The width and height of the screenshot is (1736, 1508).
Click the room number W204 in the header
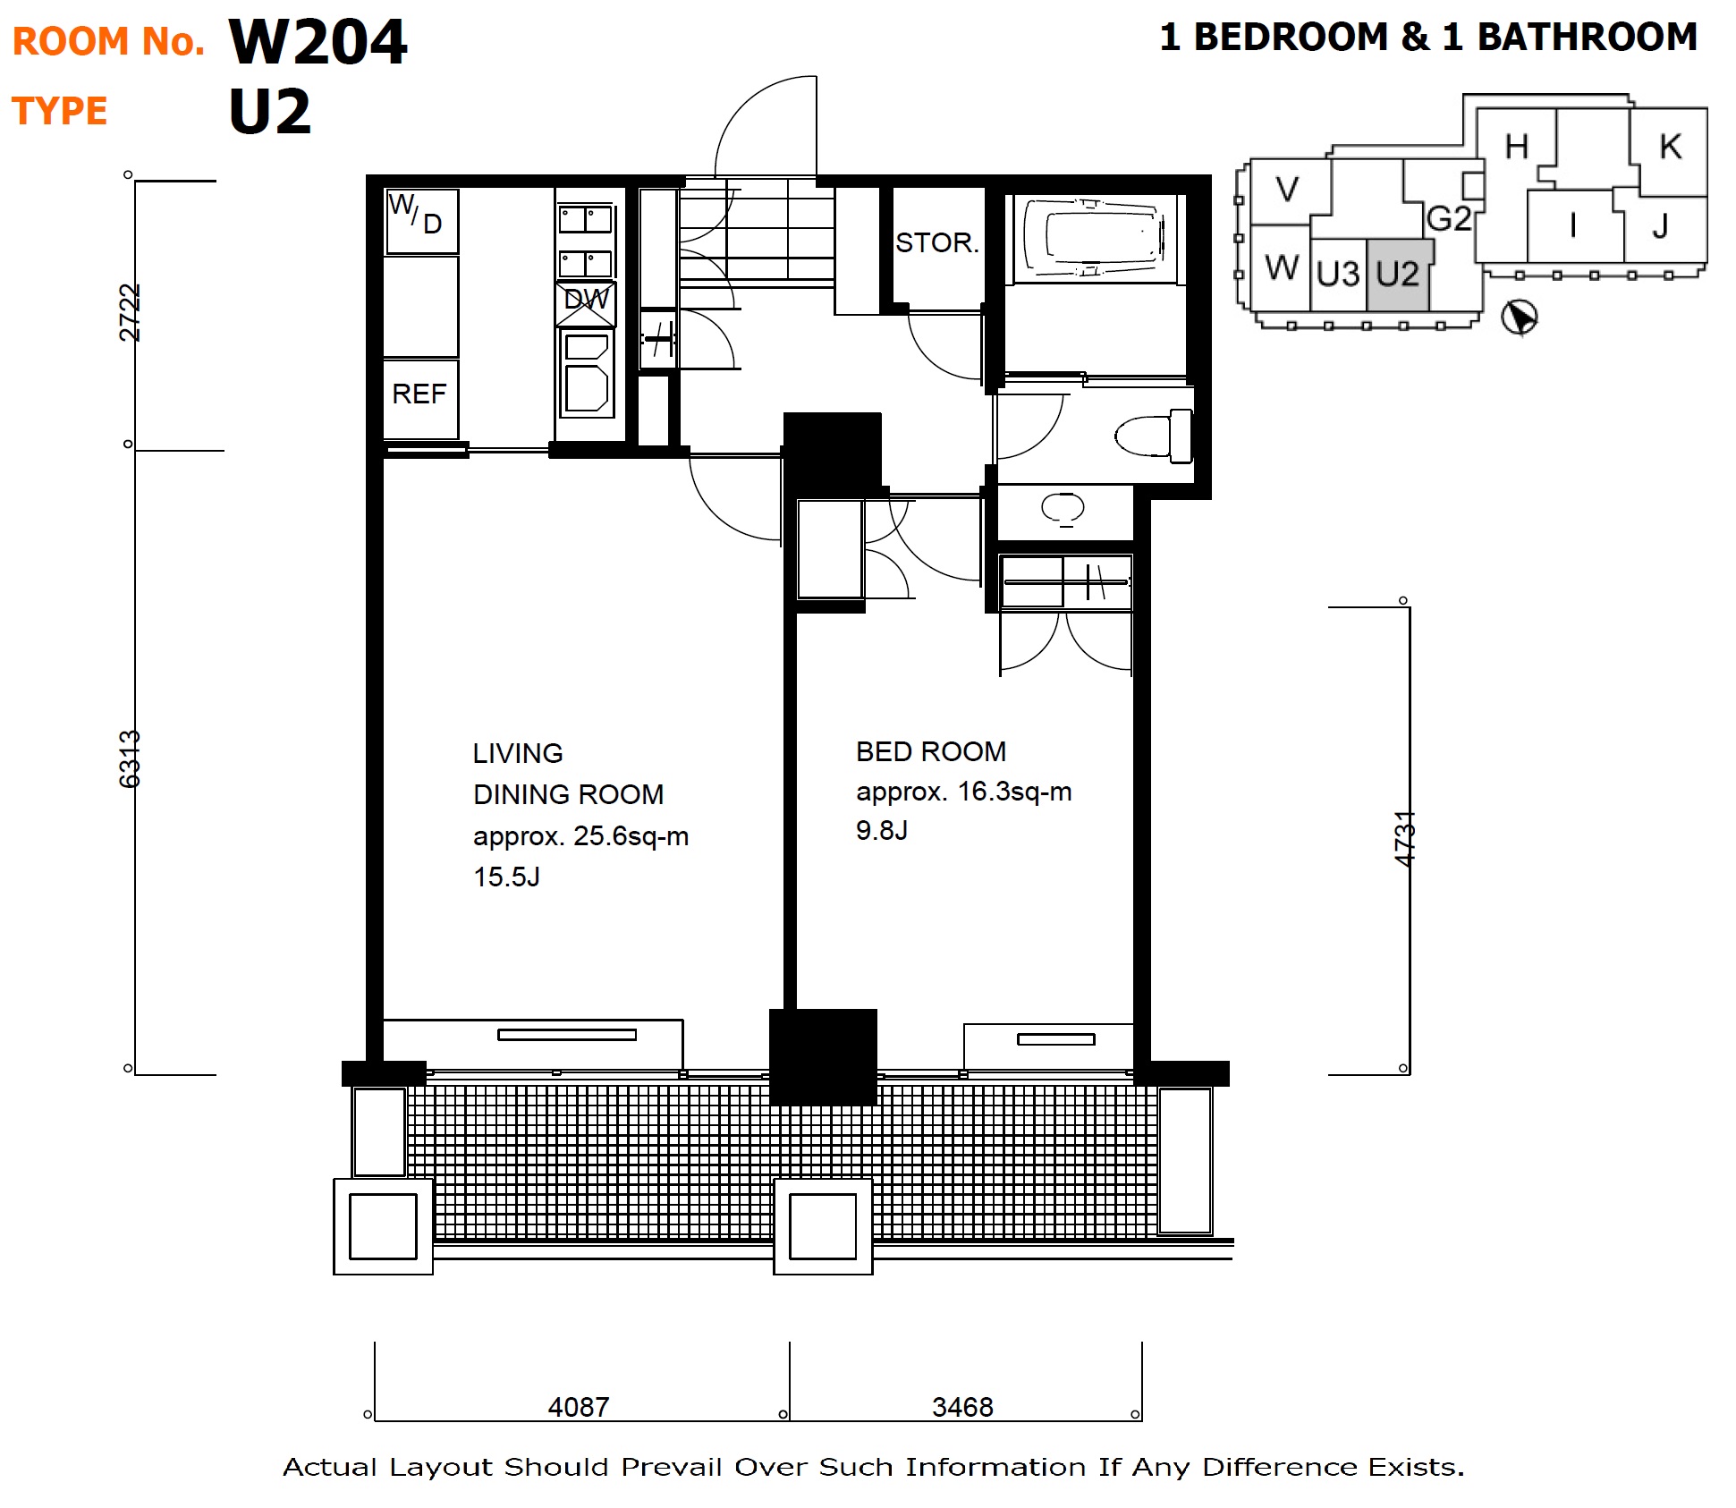point(318,42)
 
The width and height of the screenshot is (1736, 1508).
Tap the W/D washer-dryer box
point(421,220)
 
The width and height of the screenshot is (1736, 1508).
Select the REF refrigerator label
point(419,394)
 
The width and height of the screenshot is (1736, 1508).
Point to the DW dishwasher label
point(586,299)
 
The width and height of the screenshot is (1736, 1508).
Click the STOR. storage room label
point(937,242)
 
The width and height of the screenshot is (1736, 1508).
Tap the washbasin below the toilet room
point(1063,509)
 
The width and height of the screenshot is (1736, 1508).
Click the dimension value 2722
point(131,312)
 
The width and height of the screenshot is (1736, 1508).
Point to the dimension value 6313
point(131,758)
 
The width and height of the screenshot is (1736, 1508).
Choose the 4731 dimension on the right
point(1405,838)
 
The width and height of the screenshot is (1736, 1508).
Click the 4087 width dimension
point(579,1407)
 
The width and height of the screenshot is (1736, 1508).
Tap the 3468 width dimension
point(962,1407)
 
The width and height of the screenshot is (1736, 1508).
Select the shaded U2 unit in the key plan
point(1398,275)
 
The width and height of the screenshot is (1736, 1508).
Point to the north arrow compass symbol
point(1519,317)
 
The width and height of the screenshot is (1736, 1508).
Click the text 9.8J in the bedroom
point(881,830)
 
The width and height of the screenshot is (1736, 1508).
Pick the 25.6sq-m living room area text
point(631,836)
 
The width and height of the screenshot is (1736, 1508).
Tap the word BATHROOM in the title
point(1587,37)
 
